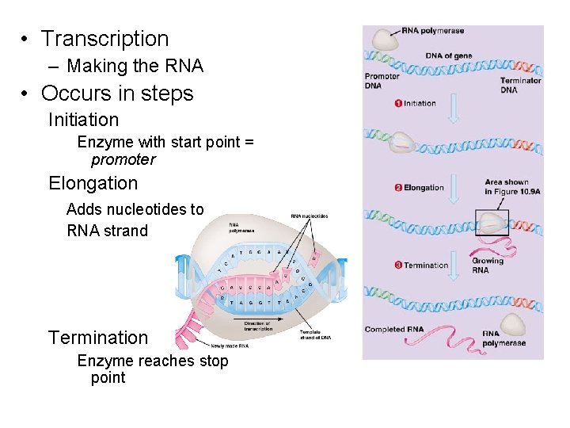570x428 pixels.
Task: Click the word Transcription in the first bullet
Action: click(x=104, y=39)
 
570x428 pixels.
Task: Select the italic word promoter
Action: click(x=123, y=160)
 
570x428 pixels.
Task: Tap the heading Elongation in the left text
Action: click(x=93, y=184)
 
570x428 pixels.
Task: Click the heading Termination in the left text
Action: click(x=98, y=338)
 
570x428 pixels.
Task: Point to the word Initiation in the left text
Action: click(x=83, y=120)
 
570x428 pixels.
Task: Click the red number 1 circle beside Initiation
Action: click(x=397, y=103)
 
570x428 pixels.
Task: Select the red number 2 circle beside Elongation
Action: click(x=397, y=188)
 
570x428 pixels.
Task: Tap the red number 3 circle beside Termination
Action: click(x=397, y=265)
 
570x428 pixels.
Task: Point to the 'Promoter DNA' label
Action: click(x=382, y=81)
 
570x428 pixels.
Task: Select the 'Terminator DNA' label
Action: click(x=520, y=85)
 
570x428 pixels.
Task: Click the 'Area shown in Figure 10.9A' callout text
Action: click(x=507, y=186)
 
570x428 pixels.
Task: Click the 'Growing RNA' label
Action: click(x=487, y=266)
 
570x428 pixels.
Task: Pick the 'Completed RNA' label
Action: click(x=394, y=329)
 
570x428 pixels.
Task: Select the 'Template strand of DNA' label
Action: click(x=315, y=334)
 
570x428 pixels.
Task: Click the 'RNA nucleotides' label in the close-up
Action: click(x=309, y=216)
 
